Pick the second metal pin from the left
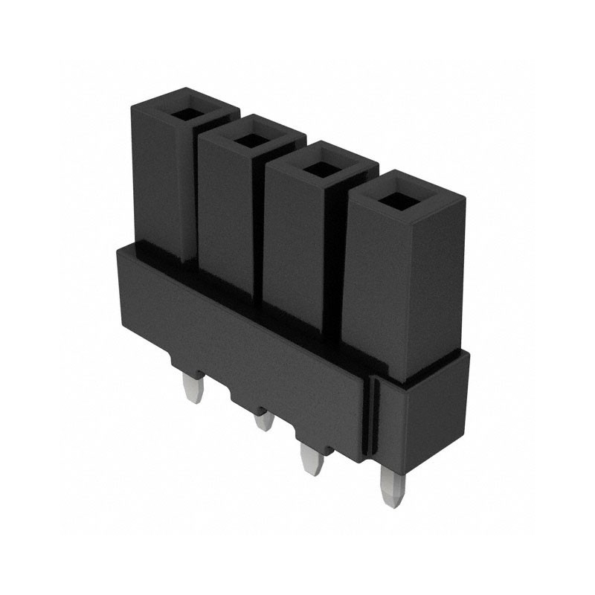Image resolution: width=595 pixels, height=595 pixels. point(263,422)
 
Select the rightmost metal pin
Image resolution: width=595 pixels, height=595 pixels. point(390,486)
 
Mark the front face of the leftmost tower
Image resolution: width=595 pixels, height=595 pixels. point(157,178)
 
